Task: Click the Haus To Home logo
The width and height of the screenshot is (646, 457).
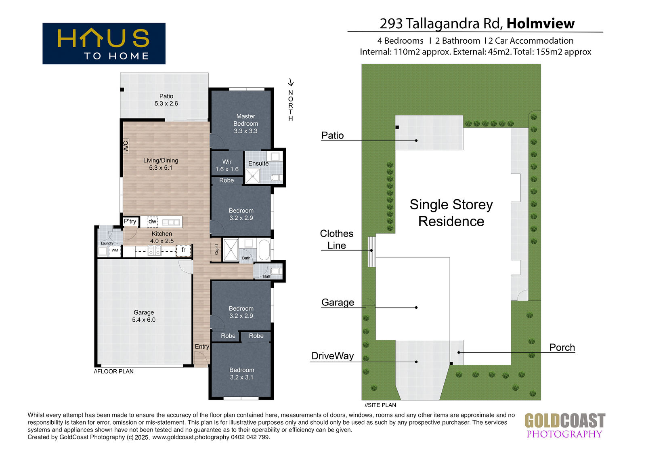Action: coord(104,44)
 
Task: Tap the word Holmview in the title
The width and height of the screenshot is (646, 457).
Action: coord(541,24)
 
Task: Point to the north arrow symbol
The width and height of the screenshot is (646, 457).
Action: coord(291,82)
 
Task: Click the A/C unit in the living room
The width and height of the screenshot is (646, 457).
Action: coord(126,146)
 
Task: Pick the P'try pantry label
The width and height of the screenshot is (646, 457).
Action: coord(130,221)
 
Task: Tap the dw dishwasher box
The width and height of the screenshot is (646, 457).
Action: coord(152,221)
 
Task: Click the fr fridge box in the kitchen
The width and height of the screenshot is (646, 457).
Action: coord(183,250)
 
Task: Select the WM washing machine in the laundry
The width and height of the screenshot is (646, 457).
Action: coord(115,250)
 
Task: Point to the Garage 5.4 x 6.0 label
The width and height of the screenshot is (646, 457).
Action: coord(144,316)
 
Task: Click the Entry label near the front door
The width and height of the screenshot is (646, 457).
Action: coord(201,346)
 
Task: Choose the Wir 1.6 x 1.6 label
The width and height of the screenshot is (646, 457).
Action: coord(227,165)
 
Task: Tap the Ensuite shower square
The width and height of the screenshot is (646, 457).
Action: coord(252,176)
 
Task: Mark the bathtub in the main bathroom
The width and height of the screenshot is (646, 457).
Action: coord(264,249)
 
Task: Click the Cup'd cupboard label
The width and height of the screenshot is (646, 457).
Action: coord(216,250)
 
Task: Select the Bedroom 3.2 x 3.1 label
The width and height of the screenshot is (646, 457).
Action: coord(242,374)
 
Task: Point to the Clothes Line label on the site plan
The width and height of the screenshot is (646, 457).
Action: coord(337,239)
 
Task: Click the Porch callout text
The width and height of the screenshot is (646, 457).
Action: coord(562,347)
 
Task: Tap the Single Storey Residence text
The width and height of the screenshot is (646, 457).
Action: coord(451,213)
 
